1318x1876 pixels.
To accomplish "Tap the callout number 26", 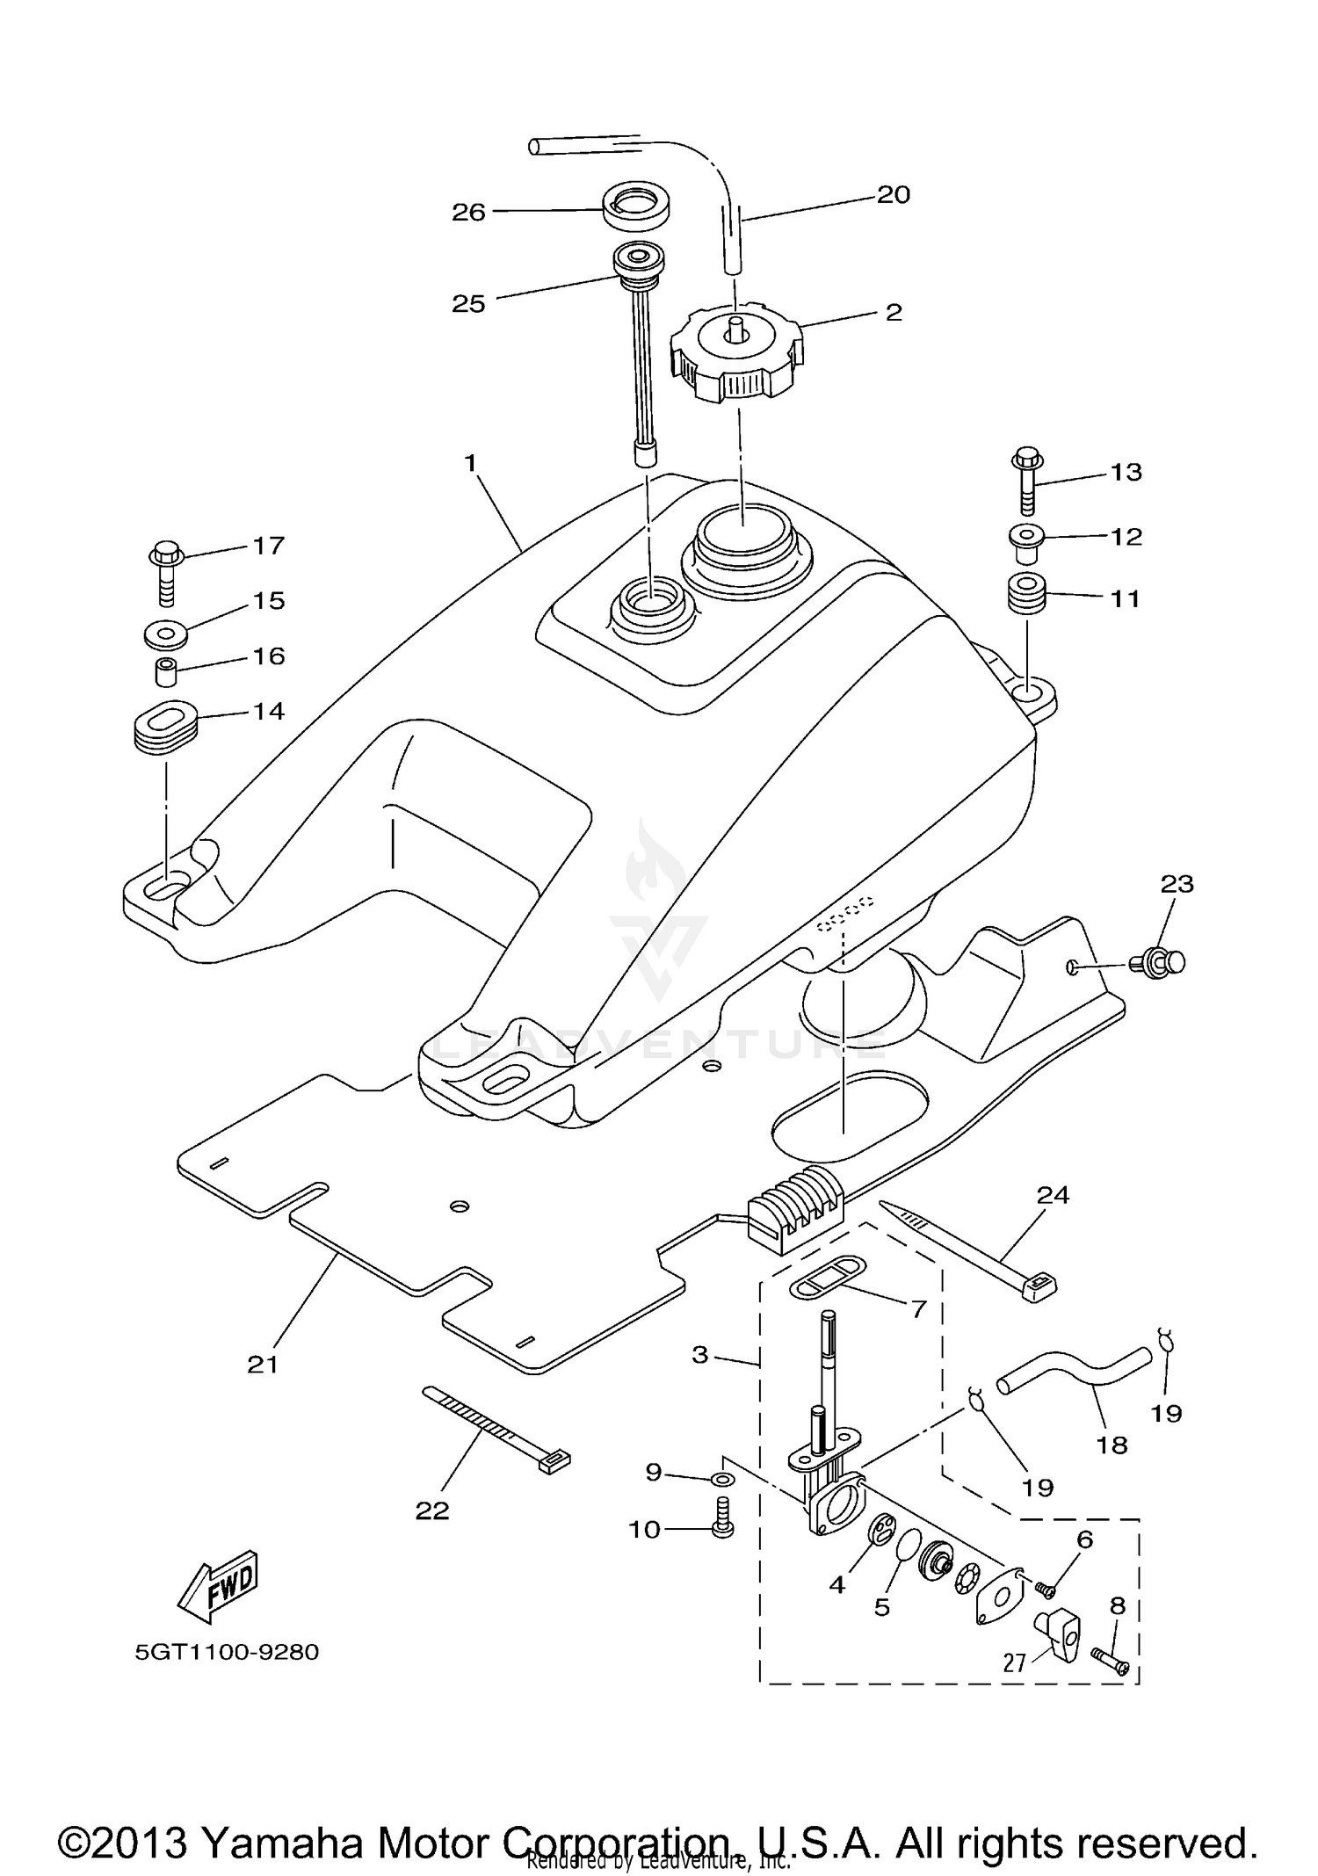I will pos(468,212).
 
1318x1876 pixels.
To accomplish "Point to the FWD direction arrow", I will pos(218,1590).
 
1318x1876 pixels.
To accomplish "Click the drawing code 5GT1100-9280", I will pos(227,1652).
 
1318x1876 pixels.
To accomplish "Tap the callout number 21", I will pos(263,1364).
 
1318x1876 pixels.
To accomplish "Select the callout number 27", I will pos(1015,1662).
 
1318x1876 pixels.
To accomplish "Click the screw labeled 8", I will pos(1110,1657).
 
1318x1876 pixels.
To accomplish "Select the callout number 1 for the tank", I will pos(470,462).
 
